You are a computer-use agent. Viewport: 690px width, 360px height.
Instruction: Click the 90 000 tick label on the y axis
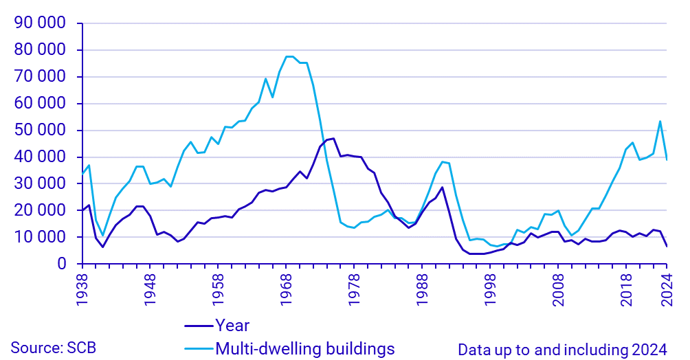tap(40, 23)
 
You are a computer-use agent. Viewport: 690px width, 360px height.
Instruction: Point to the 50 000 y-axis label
tap(40, 131)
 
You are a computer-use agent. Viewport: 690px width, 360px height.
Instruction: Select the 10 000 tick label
tap(40, 237)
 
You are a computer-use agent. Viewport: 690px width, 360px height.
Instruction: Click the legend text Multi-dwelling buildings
tap(305, 348)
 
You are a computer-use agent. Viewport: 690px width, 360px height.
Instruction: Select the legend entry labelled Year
tap(232, 325)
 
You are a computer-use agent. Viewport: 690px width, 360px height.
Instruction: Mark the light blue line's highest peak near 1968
tap(289, 56)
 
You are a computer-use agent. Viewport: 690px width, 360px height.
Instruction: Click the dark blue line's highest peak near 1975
tap(334, 138)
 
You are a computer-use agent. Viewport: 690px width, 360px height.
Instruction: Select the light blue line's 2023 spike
tap(660, 122)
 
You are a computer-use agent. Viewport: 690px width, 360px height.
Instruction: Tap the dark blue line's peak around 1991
tap(443, 187)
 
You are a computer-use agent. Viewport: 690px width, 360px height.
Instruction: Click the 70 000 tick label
tap(40, 77)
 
